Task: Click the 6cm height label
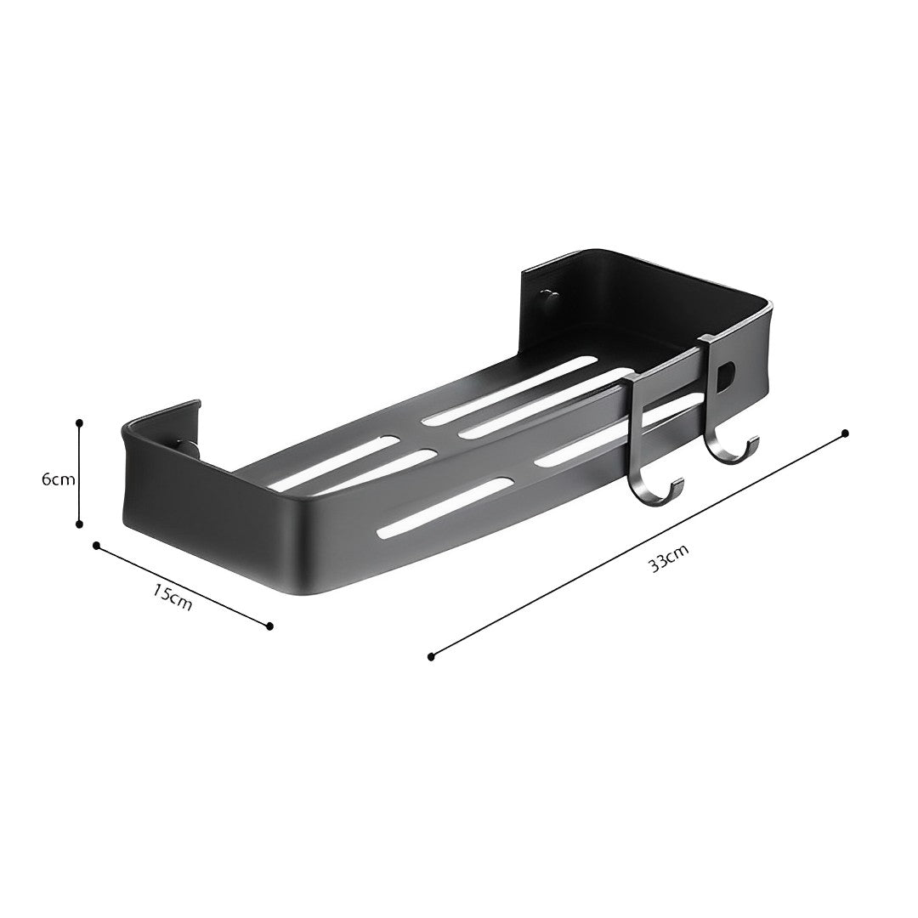tap(58, 479)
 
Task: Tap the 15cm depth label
tap(173, 596)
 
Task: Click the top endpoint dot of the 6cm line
tap(79, 422)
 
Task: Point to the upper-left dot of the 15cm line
tap(97, 545)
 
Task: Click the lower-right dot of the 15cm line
tap(270, 626)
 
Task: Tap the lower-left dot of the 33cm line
tap(431, 656)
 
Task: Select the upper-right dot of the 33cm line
tap(845, 433)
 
